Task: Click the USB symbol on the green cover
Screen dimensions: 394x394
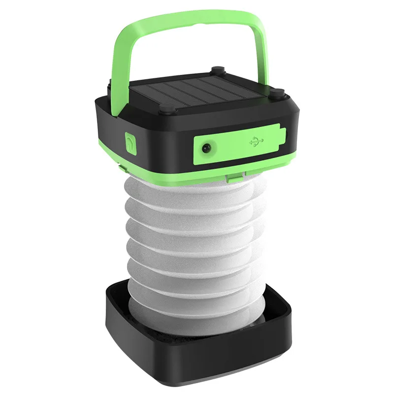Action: tap(257, 141)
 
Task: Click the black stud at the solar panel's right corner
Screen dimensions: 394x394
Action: tap(278, 92)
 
